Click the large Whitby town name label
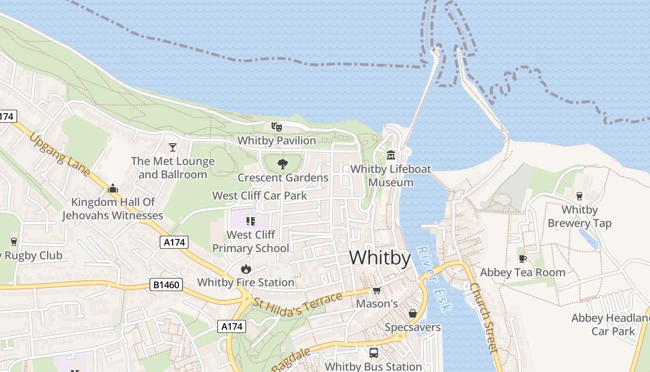(380, 258)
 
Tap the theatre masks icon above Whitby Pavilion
(277, 126)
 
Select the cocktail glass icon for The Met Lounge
(173, 147)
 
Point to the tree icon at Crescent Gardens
(282, 164)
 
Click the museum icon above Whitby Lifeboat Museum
(390, 155)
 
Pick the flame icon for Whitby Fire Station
(246, 269)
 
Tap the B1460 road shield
(166, 285)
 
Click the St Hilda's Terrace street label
(298, 305)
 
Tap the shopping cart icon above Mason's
(377, 291)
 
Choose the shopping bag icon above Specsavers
(412, 314)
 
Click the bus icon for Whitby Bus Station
(373, 353)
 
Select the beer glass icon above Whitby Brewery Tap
(579, 196)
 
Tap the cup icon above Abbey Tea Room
(522, 259)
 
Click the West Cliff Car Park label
(260, 195)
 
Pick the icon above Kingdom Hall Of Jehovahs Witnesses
(112, 188)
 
